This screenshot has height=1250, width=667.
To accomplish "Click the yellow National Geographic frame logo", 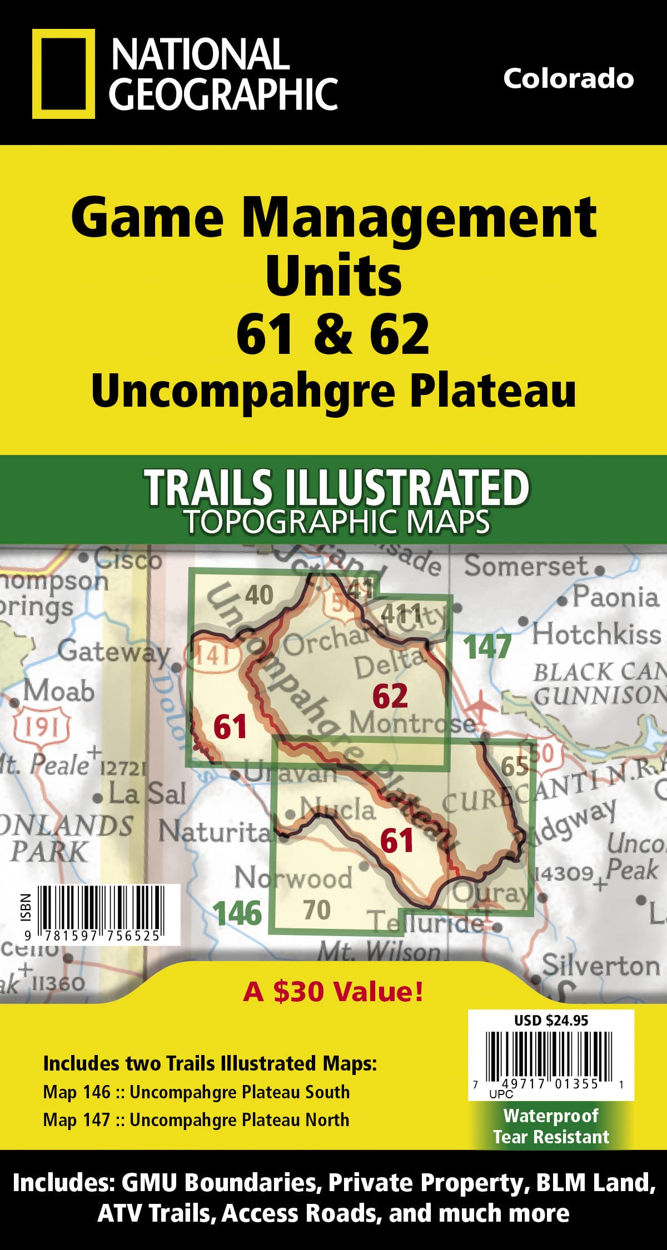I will (59, 74).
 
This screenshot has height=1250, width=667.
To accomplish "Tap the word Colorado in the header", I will (568, 78).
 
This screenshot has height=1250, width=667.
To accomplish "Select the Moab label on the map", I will (58, 692).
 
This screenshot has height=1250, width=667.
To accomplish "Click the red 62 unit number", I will (390, 696).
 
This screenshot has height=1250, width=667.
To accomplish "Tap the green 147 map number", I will (487, 647).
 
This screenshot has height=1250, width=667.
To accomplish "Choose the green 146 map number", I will (237, 913).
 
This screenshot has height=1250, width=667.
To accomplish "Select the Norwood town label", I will (293, 878).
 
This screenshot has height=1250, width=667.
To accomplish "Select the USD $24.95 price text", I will (551, 1020).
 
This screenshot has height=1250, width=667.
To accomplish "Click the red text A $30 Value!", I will (333, 991).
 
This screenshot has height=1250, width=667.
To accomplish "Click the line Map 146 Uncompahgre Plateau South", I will (196, 1092).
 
